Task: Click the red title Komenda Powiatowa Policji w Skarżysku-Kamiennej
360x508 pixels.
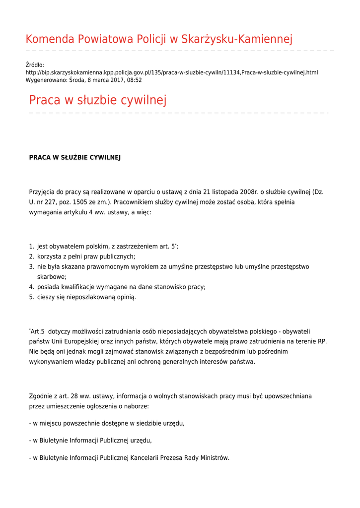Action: [159, 39]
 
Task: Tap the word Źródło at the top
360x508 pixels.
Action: [35, 65]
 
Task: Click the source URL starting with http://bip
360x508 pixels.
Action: [172, 72]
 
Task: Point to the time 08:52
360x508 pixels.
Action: [134, 80]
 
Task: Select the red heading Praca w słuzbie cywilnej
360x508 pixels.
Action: [98, 100]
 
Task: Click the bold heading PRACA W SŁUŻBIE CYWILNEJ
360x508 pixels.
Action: [75, 157]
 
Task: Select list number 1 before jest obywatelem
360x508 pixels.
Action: [31, 247]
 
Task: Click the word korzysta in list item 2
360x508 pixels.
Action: [50, 256]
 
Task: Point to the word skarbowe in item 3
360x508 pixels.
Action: [52, 277]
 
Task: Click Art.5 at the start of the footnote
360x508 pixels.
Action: [37, 331]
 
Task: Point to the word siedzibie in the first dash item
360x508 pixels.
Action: [136, 423]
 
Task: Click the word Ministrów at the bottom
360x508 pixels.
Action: [214, 458]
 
